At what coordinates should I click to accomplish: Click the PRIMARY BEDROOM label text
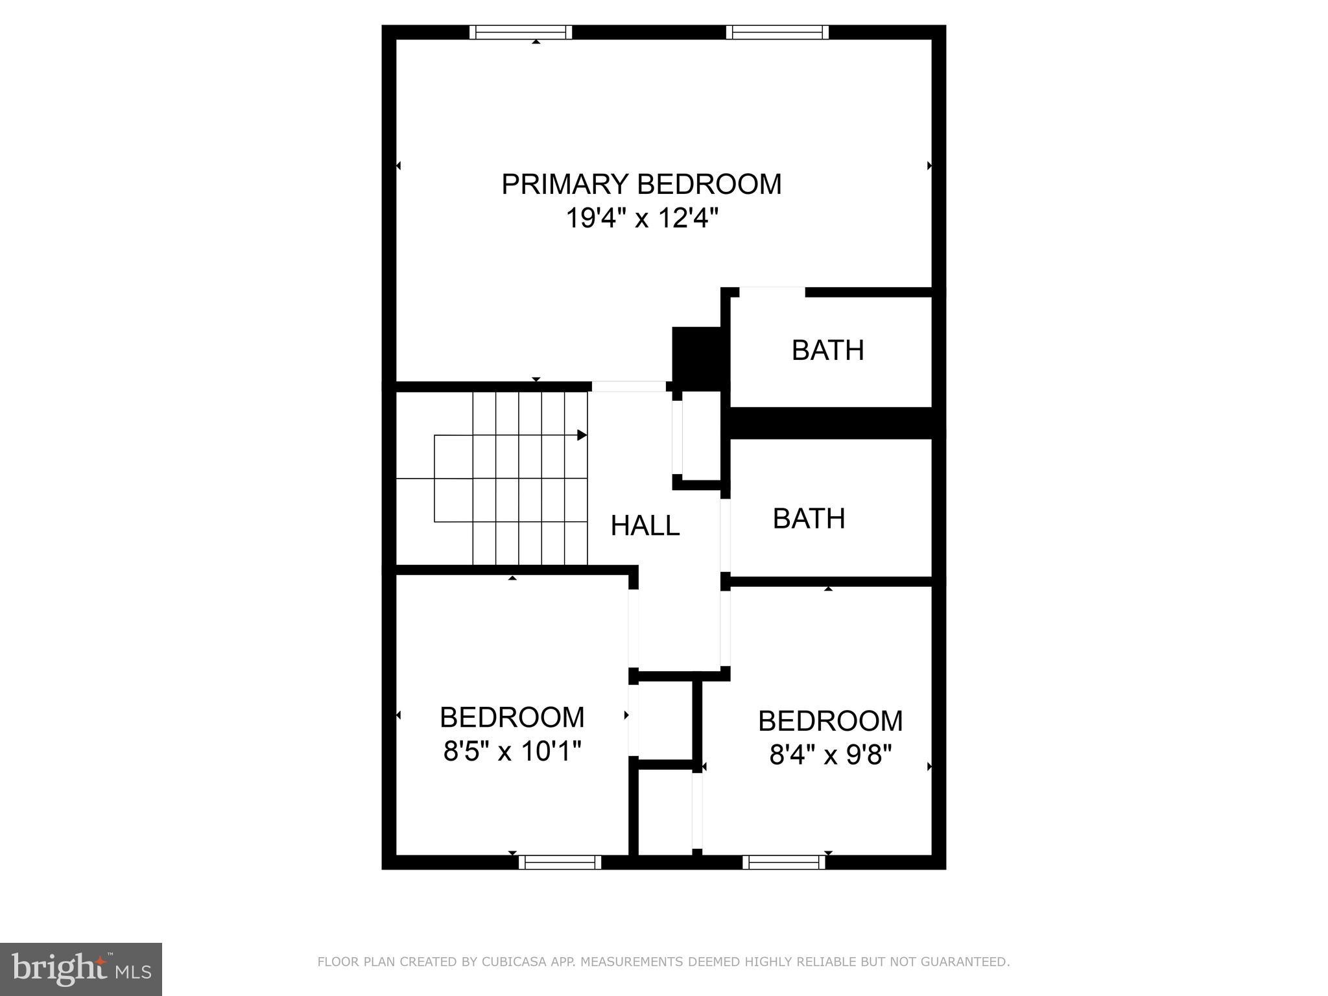(641, 184)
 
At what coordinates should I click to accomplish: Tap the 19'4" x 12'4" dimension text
(642, 219)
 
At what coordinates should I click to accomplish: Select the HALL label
(645, 526)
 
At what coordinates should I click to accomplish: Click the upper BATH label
(827, 351)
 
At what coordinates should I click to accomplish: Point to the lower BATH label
(809, 519)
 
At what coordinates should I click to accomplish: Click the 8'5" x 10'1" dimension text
(512, 752)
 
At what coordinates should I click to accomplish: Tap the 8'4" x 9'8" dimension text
(830, 755)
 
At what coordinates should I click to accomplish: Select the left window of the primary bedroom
(521, 32)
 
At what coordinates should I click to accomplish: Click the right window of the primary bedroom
(777, 32)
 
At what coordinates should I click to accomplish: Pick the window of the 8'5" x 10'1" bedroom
(560, 862)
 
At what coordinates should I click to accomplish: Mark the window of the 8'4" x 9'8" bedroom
(783, 862)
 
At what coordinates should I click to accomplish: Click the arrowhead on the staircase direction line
(582, 435)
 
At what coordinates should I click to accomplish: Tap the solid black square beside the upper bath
(696, 359)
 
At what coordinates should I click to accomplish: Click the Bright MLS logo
(81, 969)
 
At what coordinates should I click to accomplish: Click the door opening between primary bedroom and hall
(628, 386)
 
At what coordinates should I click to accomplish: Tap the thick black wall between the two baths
(832, 423)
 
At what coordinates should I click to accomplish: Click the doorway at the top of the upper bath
(772, 292)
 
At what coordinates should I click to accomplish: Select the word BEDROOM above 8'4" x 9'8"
(830, 721)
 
